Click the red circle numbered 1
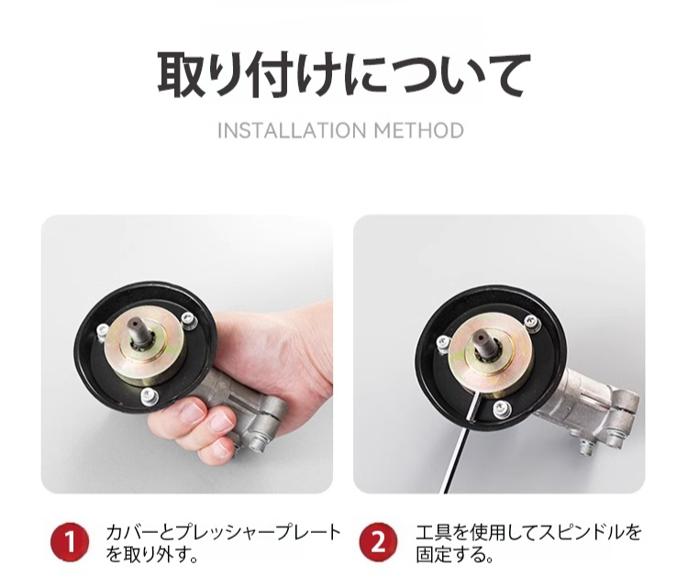pos(70,542)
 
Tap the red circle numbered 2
pos(379,542)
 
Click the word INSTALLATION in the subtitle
pos(292,131)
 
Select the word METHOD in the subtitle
pos(419,131)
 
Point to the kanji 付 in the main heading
pos(272,75)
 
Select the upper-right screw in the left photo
pos(188,320)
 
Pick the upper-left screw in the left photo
pos(102,330)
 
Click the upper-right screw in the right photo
pos(531,322)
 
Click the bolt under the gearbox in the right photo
pos(588,448)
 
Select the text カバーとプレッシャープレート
pos(223,532)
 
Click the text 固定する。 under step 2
pos(455,554)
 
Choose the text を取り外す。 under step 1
pos(151,554)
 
